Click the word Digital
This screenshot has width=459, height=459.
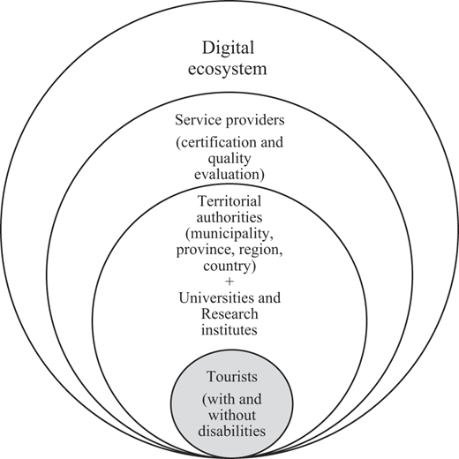click(x=228, y=49)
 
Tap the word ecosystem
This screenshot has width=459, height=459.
click(x=228, y=69)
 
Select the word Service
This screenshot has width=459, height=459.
click(x=194, y=120)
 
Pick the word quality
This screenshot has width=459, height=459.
click(x=229, y=159)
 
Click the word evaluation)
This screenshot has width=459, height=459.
click(x=229, y=174)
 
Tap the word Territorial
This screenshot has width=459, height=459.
click(x=229, y=201)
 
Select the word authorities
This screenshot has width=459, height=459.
click(x=229, y=217)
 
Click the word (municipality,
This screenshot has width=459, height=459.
click(x=229, y=234)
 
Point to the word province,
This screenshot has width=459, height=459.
click(x=206, y=251)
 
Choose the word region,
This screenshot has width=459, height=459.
click(x=260, y=251)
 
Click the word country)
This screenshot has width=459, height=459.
click(x=229, y=267)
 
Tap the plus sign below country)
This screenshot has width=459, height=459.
click(x=229, y=282)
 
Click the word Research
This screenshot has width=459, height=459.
click(x=229, y=314)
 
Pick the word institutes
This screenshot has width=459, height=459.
click(x=229, y=330)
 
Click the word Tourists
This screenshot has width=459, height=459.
click(x=232, y=377)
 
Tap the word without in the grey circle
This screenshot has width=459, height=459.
click(x=232, y=416)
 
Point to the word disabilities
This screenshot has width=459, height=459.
click(x=232, y=432)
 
